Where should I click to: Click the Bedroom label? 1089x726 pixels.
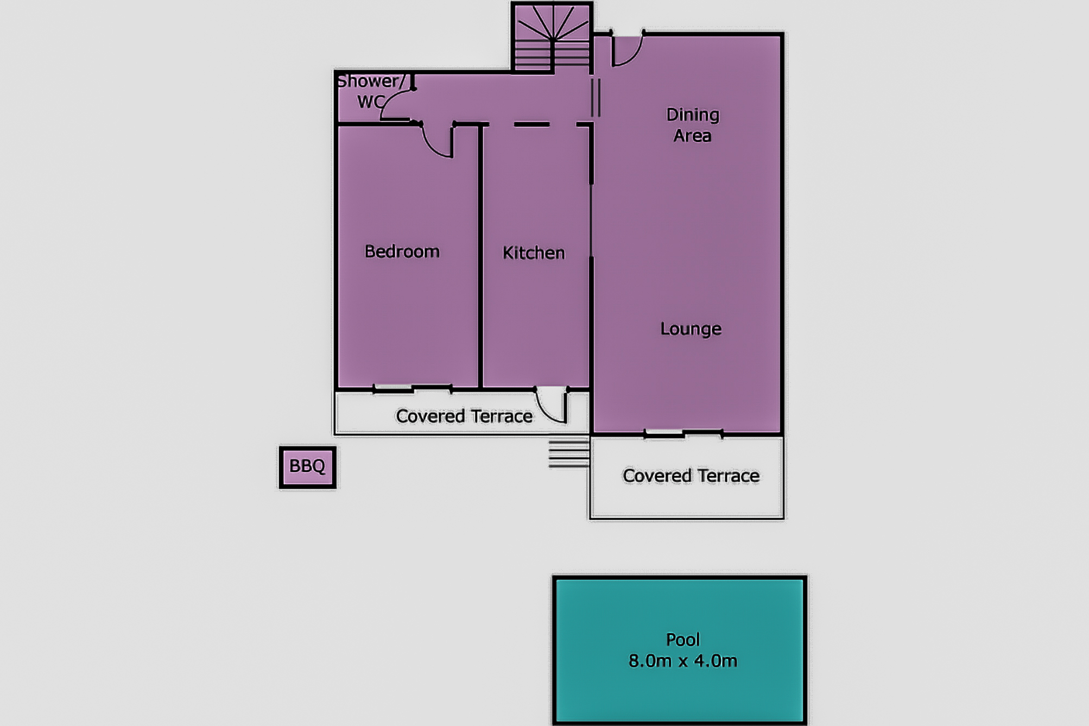tap(402, 251)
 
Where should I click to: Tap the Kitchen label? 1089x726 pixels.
tap(534, 252)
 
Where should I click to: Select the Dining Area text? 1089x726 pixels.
tap(693, 125)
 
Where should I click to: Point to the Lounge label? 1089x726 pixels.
tap(691, 329)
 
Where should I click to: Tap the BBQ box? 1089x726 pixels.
tap(307, 467)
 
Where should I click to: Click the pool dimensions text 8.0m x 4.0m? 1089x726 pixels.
tap(682, 661)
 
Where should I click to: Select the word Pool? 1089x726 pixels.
tap(682, 640)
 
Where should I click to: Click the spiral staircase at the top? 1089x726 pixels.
tap(552, 37)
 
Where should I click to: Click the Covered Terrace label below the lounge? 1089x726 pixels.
tap(691, 476)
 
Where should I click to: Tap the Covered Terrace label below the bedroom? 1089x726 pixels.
tap(464, 416)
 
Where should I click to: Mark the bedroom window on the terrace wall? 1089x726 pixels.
tap(413, 389)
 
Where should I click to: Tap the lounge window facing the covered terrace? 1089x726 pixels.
tap(683, 433)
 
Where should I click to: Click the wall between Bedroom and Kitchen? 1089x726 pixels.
tap(480, 256)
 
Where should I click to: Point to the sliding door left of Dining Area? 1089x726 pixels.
tap(596, 98)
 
